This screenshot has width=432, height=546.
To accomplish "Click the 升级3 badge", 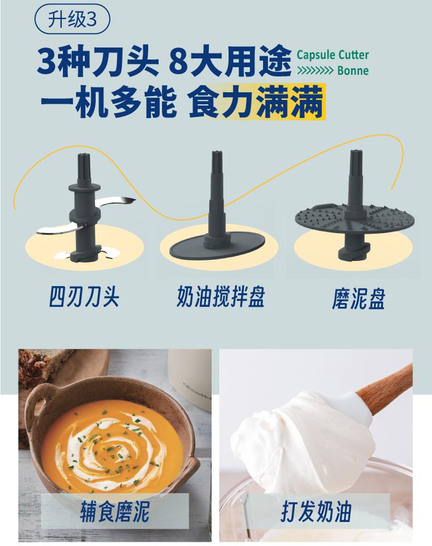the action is (x=72, y=19).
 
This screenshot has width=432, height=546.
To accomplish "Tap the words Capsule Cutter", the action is (x=332, y=55).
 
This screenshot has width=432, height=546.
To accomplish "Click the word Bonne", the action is (x=353, y=70).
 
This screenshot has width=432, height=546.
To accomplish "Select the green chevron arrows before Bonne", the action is (x=315, y=70).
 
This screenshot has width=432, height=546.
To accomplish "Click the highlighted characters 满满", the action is (x=290, y=102).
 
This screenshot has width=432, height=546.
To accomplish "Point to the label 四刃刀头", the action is (x=84, y=296).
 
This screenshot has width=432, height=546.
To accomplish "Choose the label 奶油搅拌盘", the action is (x=221, y=296).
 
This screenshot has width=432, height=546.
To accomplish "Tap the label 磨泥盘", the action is (x=358, y=299).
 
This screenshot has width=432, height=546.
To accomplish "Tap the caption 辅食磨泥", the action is (x=115, y=512).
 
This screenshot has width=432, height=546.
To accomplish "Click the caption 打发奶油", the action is (x=316, y=512).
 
